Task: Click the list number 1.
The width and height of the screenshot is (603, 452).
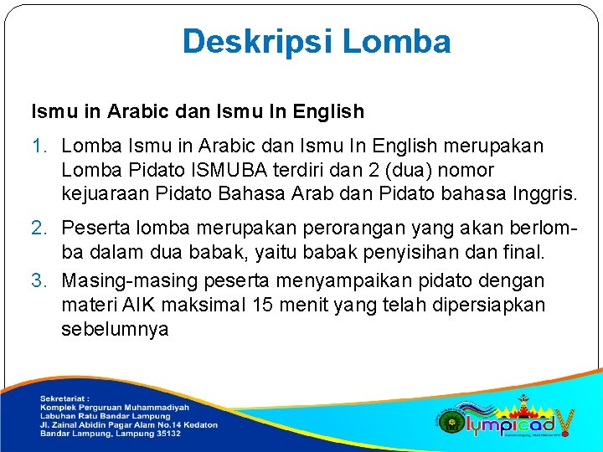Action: (x=39, y=146)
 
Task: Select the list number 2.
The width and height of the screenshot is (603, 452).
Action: (x=39, y=228)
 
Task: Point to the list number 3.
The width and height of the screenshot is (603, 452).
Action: (x=39, y=280)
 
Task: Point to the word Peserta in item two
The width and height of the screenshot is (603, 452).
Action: (x=96, y=228)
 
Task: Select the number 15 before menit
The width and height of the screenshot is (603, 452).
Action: (x=263, y=304)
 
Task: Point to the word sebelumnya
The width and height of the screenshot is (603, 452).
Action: (x=115, y=329)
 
